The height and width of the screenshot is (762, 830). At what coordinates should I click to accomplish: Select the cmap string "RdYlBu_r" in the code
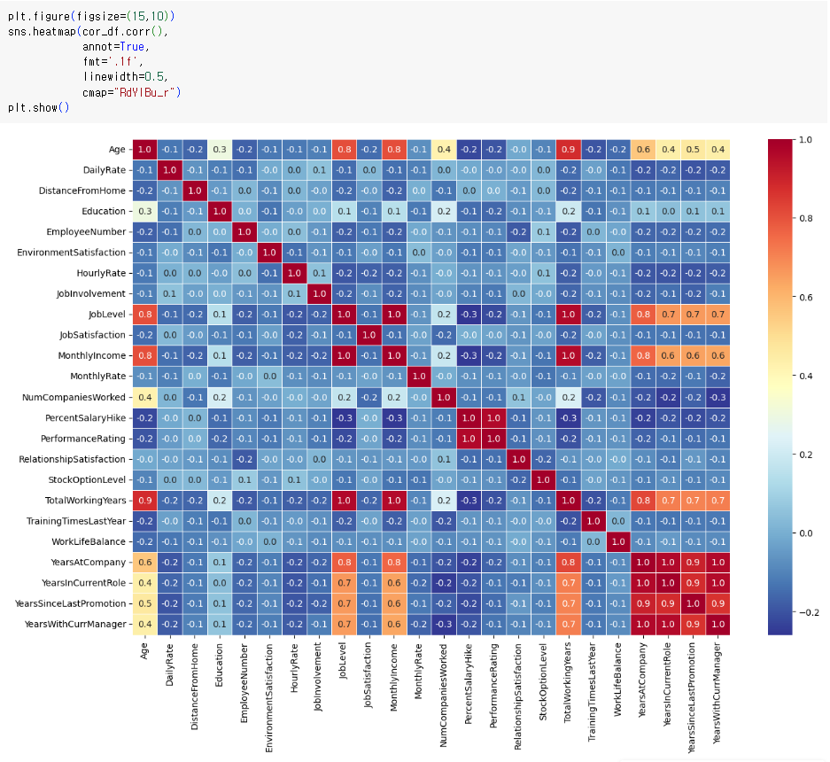tap(145, 93)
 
